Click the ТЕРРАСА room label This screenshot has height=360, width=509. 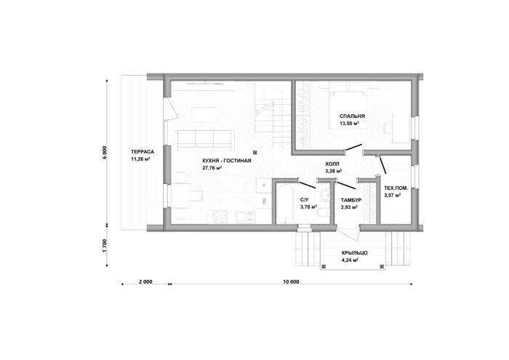[143, 151]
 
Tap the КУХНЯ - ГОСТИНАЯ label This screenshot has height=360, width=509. [227, 161]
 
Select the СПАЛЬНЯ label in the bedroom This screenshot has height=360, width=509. [352, 116]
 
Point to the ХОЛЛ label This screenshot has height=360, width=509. [332, 164]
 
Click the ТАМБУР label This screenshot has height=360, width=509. [351, 200]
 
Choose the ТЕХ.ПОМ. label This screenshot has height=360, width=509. [396, 188]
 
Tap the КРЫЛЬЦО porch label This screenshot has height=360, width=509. [355, 253]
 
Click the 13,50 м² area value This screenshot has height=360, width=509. [349, 124]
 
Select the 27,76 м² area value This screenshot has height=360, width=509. [212, 168]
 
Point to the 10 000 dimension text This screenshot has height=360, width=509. [291, 281]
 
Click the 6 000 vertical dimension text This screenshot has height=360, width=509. [104, 153]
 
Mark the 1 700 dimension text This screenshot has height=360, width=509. [104, 246]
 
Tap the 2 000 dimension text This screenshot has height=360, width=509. [145, 281]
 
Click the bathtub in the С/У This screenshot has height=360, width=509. [285, 204]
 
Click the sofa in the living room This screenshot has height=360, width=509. [204, 140]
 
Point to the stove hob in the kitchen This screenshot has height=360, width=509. [220, 217]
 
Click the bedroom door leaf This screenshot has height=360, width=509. [353, 148]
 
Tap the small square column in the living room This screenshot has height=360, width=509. [255, 152]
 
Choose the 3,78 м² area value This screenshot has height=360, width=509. [309, 207]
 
